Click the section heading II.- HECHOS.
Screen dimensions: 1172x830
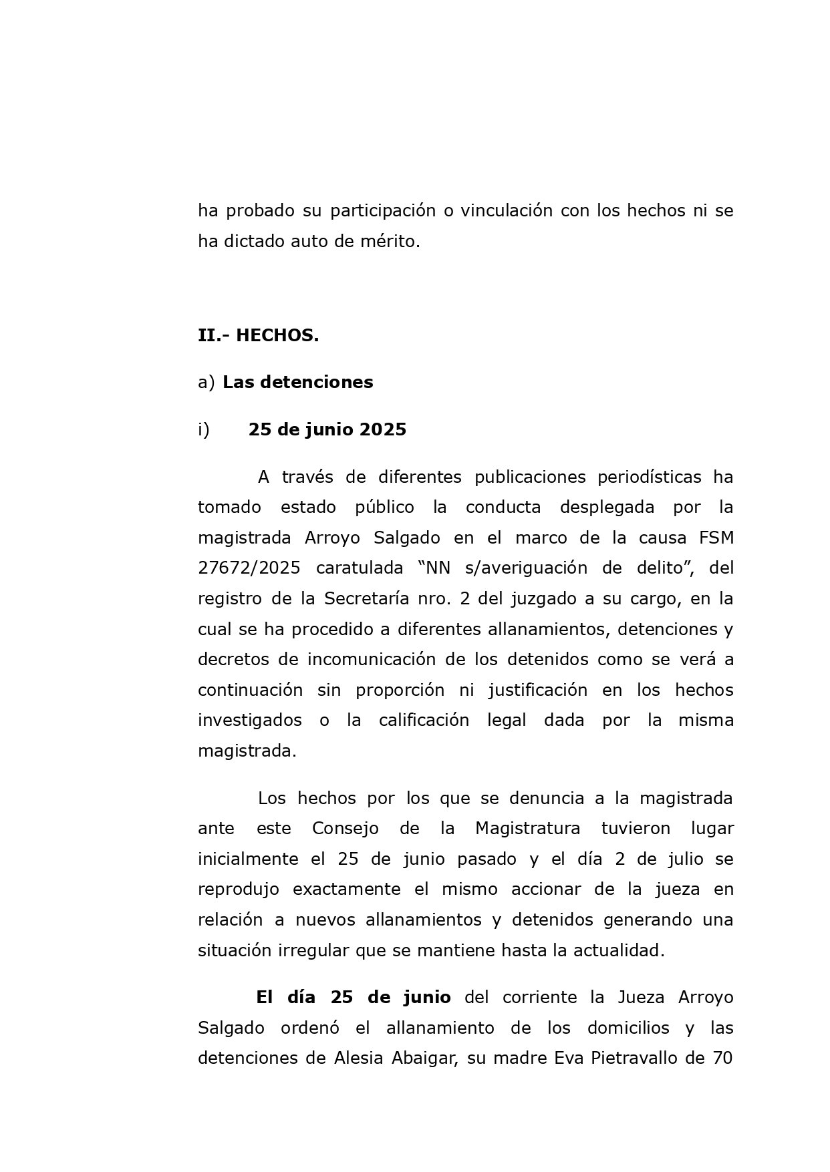coord(258,335)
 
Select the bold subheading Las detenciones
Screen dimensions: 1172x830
coord(297,382)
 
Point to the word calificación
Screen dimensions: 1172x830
coord(424,720)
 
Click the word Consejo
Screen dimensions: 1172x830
coord(345,829)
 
